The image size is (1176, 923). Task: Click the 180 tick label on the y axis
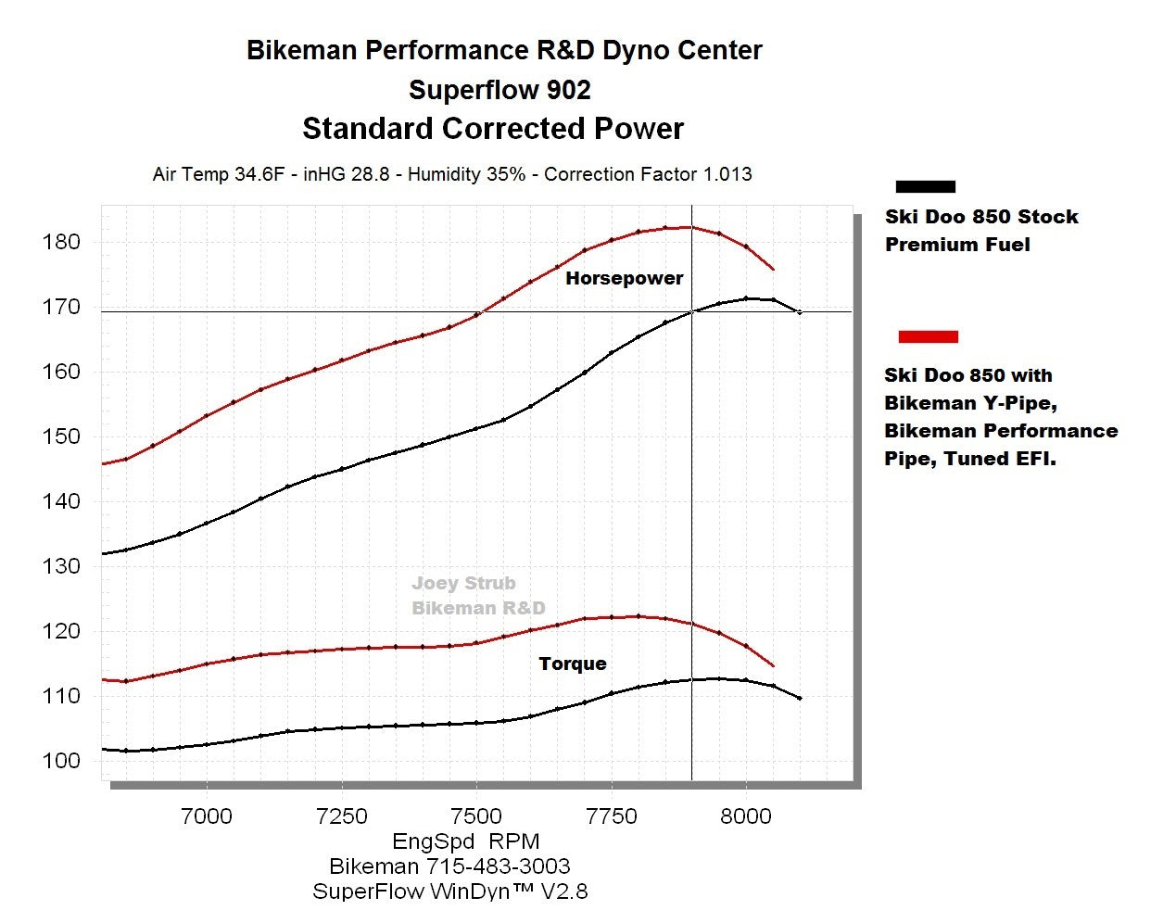(x=61, y=242)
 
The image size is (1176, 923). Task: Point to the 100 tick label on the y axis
(x=61, y=761)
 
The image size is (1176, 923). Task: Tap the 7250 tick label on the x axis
(x=342, y=816)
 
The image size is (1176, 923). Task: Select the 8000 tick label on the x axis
(x=746, y=816)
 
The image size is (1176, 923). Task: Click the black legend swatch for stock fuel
(x=925, y=186)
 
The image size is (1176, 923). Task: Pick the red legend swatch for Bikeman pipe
(x=928, y=336)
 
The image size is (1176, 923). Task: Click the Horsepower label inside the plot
(x=624, y=278)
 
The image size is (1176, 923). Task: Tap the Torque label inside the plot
(x=573, y=664)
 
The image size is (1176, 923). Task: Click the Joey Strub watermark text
(x=463, y=583)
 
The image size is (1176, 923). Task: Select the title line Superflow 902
(x=499, y=90)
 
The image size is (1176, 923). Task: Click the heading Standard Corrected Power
(x=493, y=129)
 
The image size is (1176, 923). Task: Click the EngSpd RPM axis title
(x=466, y=841)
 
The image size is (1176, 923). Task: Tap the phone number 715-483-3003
(x=498, y=866)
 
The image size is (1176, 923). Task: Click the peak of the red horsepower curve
(x=689, y=227)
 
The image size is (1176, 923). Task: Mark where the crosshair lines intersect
(x=691, y=311)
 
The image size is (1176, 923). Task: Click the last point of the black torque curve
(x=800, y=698)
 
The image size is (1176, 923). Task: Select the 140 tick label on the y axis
(x=61, y=501)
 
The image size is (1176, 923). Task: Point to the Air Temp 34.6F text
(x=220, y=174)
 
